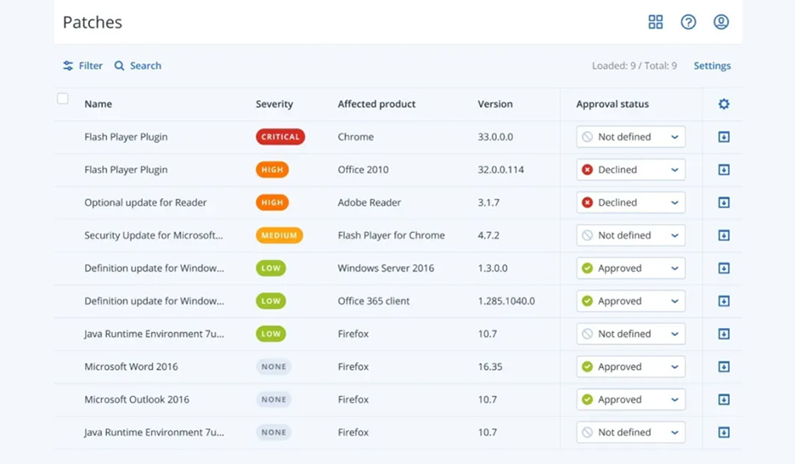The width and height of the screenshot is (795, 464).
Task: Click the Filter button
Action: pos(82,65)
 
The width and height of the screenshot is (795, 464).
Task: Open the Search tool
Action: pos(138,65)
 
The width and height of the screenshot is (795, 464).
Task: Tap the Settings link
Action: pos(712,65)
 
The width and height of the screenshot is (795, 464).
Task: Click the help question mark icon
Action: pos(688,22)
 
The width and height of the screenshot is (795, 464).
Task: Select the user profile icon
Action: pos(721,22)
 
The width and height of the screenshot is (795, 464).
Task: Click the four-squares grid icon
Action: pos(656,22)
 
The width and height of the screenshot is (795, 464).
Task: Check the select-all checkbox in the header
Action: pos(62,99)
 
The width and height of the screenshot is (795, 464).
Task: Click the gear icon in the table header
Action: pos(724,104)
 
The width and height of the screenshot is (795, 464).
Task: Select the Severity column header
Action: pos(274,104)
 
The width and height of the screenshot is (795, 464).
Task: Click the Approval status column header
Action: pos(612,104)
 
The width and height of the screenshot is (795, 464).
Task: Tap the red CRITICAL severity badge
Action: pos(280,137)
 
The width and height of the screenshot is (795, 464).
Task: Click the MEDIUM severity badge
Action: pos(279,235)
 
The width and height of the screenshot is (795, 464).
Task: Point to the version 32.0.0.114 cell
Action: pos(501,170)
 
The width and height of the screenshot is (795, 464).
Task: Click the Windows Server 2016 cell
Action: pos(386,269)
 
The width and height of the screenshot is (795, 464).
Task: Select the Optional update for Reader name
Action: pos(145,202)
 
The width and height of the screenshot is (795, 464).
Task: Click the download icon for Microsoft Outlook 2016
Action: pos(724,399)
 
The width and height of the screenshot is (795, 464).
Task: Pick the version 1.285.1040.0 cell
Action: pos(506,301)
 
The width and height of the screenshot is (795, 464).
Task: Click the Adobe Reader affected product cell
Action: pos(369,202)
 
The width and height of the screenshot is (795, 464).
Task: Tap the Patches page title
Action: pos(93,22)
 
